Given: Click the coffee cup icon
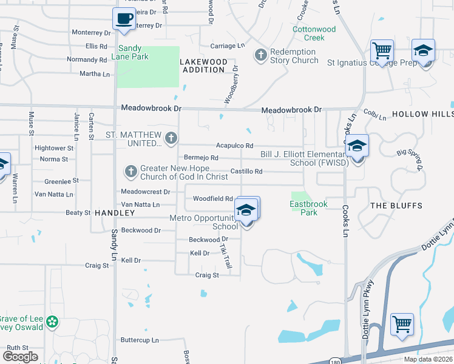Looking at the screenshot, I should coord(124,19).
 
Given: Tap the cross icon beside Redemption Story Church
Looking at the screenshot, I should coord(260,55).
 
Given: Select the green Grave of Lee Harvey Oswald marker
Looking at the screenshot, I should coord(52,321).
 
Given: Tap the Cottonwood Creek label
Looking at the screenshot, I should coord(314,33).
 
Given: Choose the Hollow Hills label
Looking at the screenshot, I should coord(422,114).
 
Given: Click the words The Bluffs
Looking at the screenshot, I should coord(396,206).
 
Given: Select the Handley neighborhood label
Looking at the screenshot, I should coord(114,213).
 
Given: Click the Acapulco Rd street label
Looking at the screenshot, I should coord(234,146).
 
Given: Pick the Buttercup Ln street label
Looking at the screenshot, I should coord(140,340).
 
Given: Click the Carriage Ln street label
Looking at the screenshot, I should coord(227,45).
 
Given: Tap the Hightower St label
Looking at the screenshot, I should coord(54,147).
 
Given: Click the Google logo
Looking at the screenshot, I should coord(20,357).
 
